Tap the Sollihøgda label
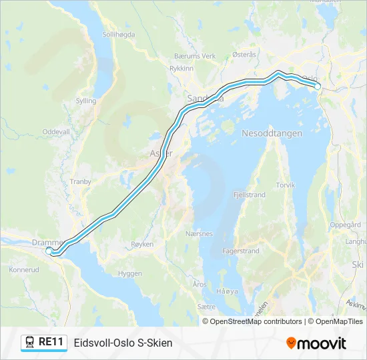pyautogui.click(x=119, y=34)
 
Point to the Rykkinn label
pyautogui.click(x=181, y=68)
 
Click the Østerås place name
pyautogui.click(x=244, y=56)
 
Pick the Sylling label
pyautogui.click(x=86, y=101)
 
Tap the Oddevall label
pyautogui.click(x=56, y=132)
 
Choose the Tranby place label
pyautogui.click(x=80, y=181)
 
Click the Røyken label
pyautogui.click(x=143, y=245)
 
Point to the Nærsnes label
pyautogui.click(x=200, y=234)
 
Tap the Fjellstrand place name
pyautogui.click(x=250, y=195)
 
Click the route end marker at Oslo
pyautogui.click(x=318, y=87)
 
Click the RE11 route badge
pyautogui.click(x=44, y=343)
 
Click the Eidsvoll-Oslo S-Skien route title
pyautogui.click(x=123, y=343)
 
